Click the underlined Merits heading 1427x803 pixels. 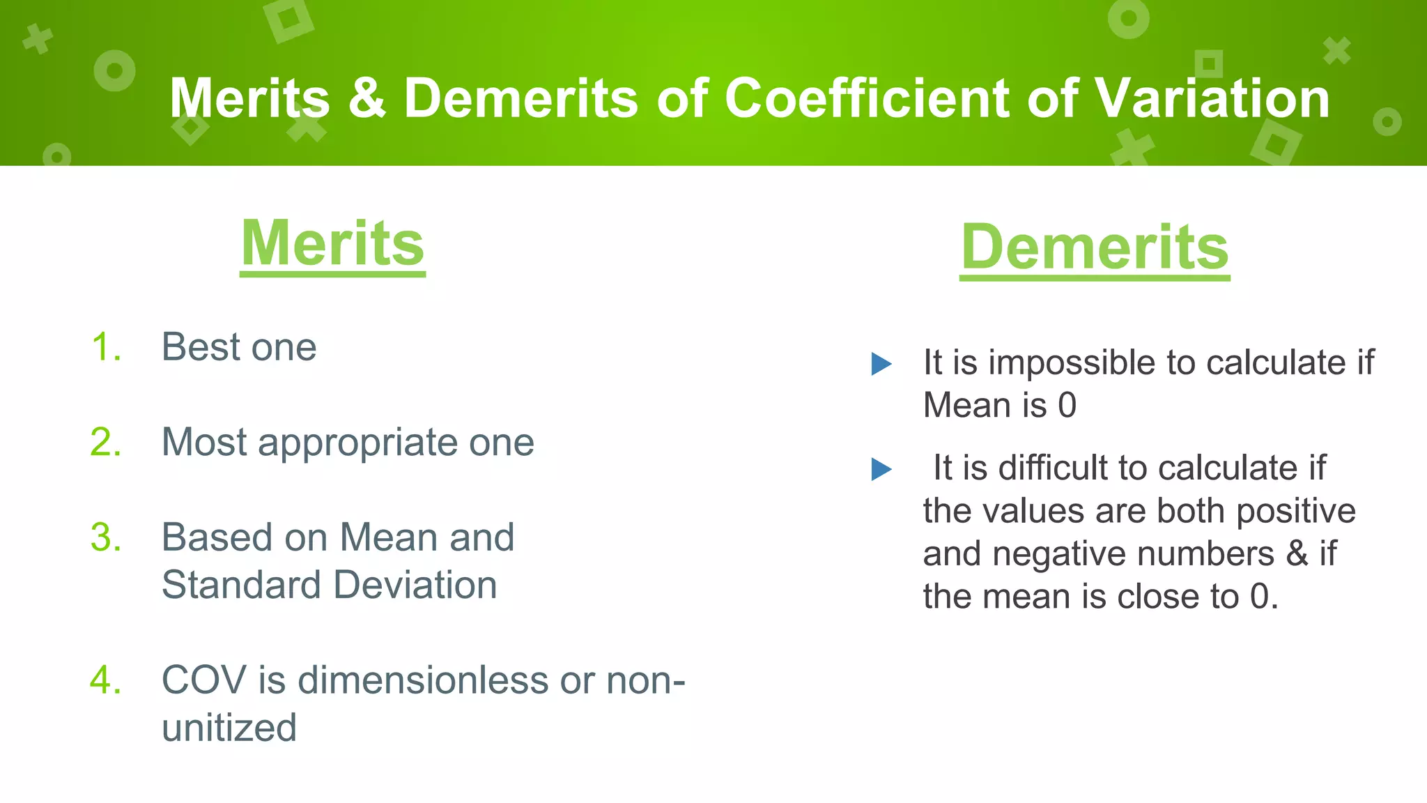[332, 244]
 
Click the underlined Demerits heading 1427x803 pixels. [1094, 248]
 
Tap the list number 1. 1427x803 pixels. [106, 347]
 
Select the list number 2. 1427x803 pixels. [106, 442]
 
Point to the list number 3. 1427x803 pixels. [106, 537]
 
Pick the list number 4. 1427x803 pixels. [106, 680]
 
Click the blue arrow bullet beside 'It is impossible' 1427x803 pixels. [881, 364]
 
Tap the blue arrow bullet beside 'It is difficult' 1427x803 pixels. [881, 469]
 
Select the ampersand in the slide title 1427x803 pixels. [367, 98]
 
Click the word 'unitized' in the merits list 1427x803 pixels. [229, 728]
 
